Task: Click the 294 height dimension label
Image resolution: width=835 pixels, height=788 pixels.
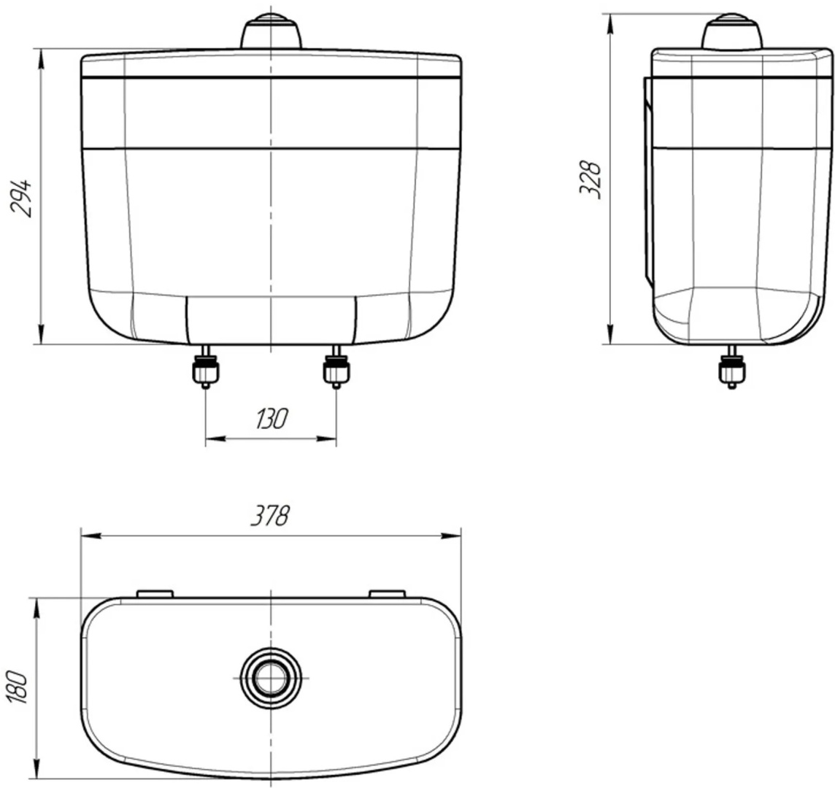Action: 22,198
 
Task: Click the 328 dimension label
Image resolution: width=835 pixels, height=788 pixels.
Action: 590,179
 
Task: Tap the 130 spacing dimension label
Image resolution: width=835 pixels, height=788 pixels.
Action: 272,419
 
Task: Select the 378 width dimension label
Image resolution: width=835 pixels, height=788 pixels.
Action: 271,516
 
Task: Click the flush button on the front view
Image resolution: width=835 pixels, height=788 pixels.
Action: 272,31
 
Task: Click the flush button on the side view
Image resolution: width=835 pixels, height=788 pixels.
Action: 731,31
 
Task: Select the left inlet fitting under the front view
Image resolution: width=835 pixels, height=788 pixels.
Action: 205,367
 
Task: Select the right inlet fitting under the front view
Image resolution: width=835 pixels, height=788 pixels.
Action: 336,367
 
